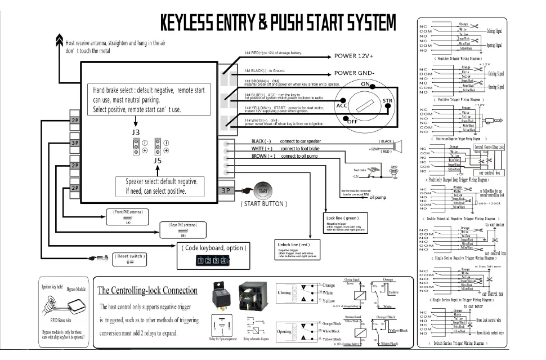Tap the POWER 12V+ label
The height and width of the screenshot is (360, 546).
pos(353,56)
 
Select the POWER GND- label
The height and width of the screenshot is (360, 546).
pos(353,73)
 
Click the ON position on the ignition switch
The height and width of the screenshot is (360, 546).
pos(365,85)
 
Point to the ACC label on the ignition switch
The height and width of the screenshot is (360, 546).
pos(342,105)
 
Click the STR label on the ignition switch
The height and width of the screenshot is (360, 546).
pos(387,101)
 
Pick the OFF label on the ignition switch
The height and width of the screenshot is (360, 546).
pos(353,121)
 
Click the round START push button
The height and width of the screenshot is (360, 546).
pos(262,190)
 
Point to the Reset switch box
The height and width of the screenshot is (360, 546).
pos(130,259)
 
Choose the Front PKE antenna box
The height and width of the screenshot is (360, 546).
pos(128,215)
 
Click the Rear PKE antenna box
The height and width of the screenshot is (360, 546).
pos(182,228)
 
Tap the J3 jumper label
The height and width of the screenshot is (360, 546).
pos(135,132)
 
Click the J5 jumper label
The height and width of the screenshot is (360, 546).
pos(158,160)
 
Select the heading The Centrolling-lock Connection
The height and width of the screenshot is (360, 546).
pos(148,291)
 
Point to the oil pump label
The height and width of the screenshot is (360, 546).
pos(377,198)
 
